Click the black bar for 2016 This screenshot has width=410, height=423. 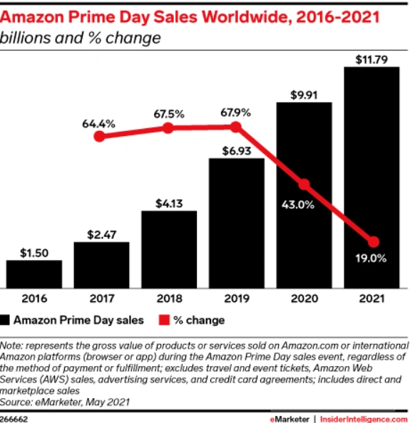[34, 273]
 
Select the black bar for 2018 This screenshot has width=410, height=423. [168, 249]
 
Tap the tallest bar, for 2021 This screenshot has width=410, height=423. [371, 178]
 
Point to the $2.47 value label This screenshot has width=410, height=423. [101, 232]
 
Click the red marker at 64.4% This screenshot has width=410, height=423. [101, 136]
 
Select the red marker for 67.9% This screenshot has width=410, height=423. [236, 127]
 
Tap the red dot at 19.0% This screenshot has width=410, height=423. [371, 241]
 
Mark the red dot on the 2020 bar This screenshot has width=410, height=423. [304, 184]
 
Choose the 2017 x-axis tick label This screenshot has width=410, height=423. [101, 298]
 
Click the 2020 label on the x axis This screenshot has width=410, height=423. [304, 298]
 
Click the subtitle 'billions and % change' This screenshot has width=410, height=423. [81, 37]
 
